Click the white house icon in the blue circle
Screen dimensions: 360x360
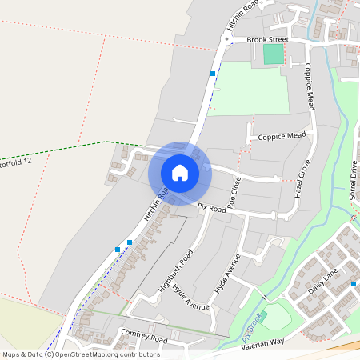(x=180, y=173)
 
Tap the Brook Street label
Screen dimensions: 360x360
(x=266, y=38)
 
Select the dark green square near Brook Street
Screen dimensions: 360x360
(x=274, y=54)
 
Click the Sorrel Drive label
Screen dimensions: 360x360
(x=353, y=179)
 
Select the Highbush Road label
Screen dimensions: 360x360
(x=176, y=271)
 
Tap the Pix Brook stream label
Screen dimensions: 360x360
(x=251, y=329)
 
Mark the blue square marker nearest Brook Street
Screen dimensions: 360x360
(x=213, y=74)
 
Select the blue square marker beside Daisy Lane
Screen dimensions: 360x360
(x=353, y=284)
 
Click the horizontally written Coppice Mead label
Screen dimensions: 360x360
(x=282, y=137)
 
